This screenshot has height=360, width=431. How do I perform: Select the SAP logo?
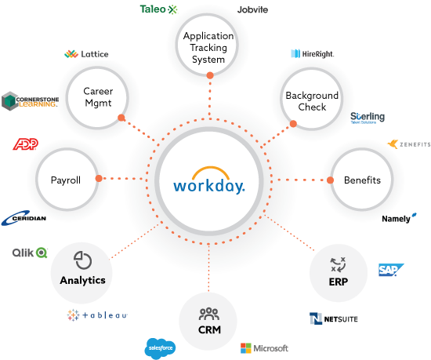(389, 270)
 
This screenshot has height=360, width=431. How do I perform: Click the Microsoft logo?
(264, 347)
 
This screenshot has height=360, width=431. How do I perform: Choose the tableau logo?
(97, 315)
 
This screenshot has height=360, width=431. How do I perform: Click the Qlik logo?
(30, 253)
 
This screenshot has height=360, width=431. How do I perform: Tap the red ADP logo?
(25, 144)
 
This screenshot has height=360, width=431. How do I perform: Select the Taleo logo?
(158, 9)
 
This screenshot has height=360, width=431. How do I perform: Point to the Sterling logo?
(367, 117)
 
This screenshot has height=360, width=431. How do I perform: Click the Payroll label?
(66, 180)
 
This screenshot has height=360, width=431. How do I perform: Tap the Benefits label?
(362, 180)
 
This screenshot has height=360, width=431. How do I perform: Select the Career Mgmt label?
(99, 96)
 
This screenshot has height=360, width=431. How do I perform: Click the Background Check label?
(312, 101)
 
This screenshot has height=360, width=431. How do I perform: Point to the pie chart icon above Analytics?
(82, 260)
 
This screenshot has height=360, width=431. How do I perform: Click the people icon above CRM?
(209, 315)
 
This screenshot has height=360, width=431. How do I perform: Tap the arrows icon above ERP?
(339, 264)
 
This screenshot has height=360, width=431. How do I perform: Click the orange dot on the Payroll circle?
(99, 179)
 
